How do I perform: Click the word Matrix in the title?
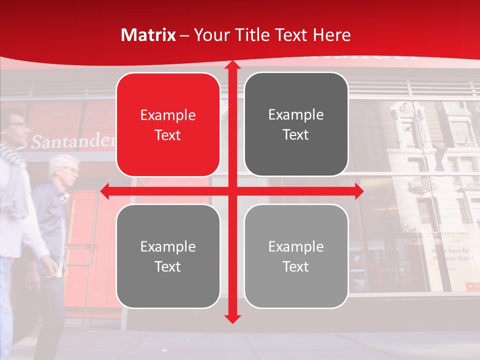(x=148, y=35)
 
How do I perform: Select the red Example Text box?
(x=168, y=125)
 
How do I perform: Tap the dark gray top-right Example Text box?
(x=296, y=124)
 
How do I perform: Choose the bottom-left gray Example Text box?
(x=168, y=256)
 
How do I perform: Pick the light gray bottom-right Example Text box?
(x=296, y=256)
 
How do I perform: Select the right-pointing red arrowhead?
(x=358, y=191)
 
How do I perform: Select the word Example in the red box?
(x=168, y=115)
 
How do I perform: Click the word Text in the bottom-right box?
(x=296, y=266)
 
